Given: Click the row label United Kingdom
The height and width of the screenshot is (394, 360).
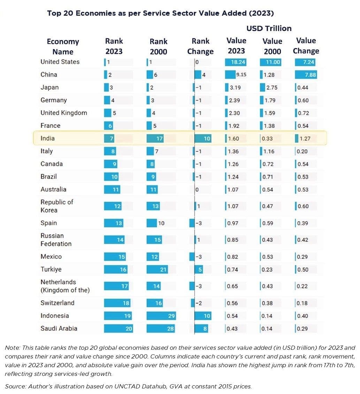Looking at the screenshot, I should [63, 113].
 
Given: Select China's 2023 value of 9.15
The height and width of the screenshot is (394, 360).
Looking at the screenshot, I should [241, 75].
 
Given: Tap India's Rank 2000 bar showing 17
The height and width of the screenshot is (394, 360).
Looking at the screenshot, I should [155, 139].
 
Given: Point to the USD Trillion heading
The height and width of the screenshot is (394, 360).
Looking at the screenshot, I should [269, 28].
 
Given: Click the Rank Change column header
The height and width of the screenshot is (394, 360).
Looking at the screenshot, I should [200, 46].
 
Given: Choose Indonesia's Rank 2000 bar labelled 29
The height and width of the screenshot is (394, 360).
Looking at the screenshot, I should [161, 316].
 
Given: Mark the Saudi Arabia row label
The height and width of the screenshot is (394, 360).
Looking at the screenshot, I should [59, 328].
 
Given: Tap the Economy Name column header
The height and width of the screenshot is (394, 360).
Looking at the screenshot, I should [63, 47].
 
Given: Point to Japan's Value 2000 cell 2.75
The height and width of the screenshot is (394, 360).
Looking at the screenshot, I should [271, 87].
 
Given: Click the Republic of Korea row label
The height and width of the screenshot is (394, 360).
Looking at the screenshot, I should [57, 206].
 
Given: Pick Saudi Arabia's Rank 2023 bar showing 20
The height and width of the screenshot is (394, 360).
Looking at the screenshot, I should [119, 329].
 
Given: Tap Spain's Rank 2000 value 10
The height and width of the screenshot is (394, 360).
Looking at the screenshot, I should [161, 223].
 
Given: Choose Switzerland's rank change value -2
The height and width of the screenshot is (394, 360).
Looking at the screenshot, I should [198, 303].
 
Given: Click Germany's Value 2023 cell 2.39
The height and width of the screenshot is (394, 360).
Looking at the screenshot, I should [234, 100].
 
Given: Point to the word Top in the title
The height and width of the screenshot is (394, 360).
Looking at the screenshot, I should [54, 13].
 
